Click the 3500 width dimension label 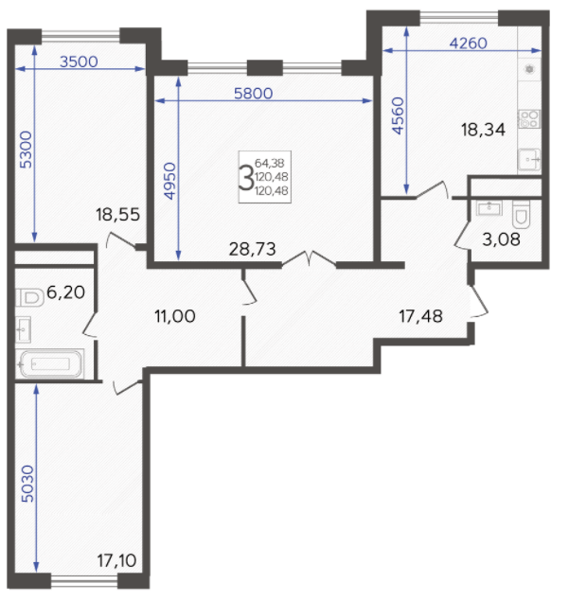click(x=79, y=62)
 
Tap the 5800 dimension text click(x=254, y=93)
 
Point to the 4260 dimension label click(x=468, y=44)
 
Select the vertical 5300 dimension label click(x=27, y=150)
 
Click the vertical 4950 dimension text click(x=169, y=182)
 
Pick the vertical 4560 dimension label click(x=398, y=115)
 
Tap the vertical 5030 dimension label click(x=27, y=484)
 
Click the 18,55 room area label click(x=118, y=215)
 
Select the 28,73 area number click(x=252, y=249)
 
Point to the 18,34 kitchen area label click(x=483, y=130)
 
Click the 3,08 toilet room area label click(x=501, y=239)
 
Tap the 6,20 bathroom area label click(x=65, y=292)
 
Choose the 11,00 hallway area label click(x=175, y=316)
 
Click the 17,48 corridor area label click(x=421, y=317)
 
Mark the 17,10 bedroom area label click(x=116, y=560)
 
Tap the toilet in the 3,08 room click(x=521, y=214)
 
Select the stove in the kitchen click(x=529, y=119)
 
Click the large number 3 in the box click(x=246, y=177)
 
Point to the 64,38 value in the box click(x=270, y=164)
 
